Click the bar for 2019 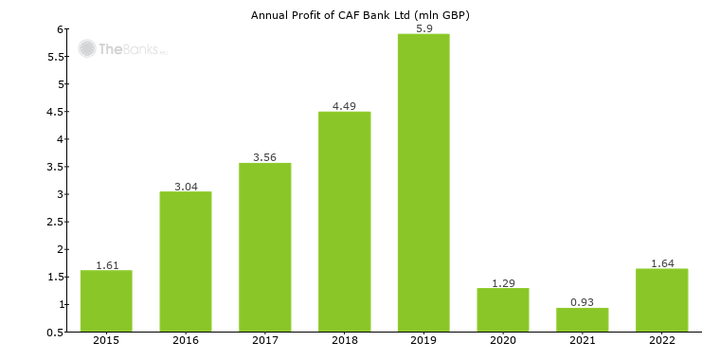(423, 183)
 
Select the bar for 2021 (582, 319)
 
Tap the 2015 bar (106, 300)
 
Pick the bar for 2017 (264, 247)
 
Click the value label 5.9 (423, 27)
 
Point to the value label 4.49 (344, 105)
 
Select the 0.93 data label (582, 301)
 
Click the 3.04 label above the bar (186, 186)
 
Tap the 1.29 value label (503, 281)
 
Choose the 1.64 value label (661, 262)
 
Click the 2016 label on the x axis (186, 341)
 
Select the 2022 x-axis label (661, 341)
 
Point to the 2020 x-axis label (503, 341)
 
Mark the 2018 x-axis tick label (344, 341)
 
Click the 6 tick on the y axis (60, 29)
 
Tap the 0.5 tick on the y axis (54, 332)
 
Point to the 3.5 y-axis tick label (54, 167)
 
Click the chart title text (360, 15)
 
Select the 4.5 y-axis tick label (54, 112)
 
